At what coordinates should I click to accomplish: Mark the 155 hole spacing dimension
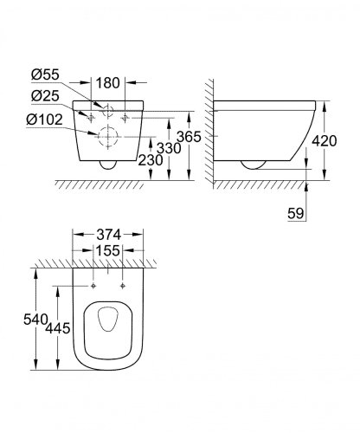[108, 250]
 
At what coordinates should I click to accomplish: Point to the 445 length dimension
[57, 329]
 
